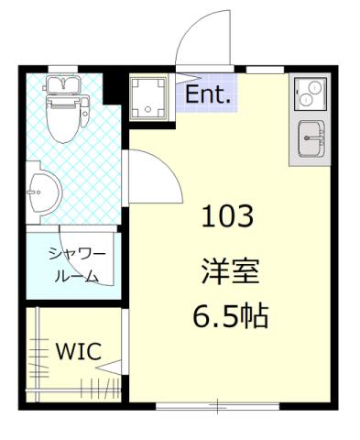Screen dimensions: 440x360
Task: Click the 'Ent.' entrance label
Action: click(x=209, y=93)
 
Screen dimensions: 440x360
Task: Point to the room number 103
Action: click(x=227, y=218)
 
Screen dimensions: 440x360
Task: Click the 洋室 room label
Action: click(x=230, y=272)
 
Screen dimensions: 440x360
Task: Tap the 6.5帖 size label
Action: click(x=229, y=317)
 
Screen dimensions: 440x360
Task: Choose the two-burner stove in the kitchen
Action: click(x=311, y=94)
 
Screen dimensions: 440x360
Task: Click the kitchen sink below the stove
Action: click(x=311, y=140)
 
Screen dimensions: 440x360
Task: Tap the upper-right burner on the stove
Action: click(x=318, y=89)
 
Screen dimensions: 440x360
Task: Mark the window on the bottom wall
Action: click(x=217, y=404)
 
